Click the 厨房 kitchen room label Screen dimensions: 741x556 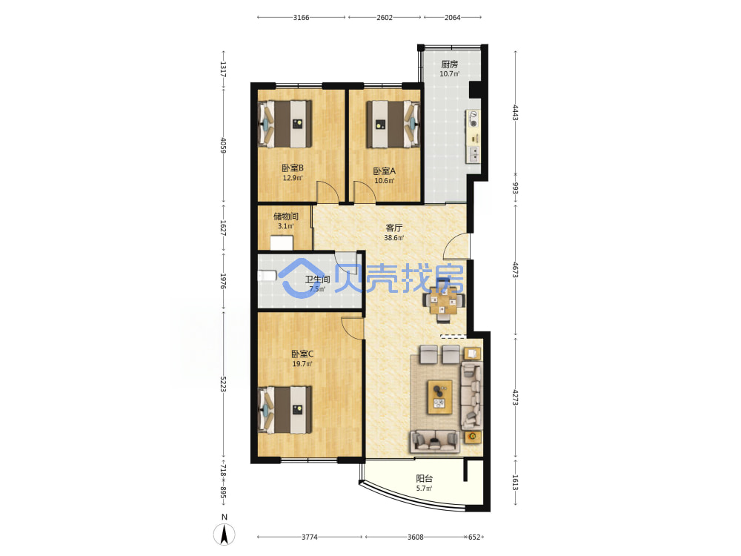pos(450,64)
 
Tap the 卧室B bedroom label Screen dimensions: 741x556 pos(293,168)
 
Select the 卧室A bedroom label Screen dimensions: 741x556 pos(384,171)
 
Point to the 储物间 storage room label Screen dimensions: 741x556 pos(286,216)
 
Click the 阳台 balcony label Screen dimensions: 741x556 pos(425,478)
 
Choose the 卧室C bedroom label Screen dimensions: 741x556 pos(302,354)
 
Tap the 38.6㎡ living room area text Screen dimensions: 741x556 pos(393,238)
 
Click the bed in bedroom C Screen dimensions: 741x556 pos(285,410)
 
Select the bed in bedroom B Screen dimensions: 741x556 pos(285,124)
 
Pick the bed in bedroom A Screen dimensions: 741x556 pos(393,124)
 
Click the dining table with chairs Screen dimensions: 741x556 pos(444,301)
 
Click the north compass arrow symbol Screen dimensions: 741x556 pos(225,535)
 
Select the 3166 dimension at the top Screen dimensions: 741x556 pos(301,18)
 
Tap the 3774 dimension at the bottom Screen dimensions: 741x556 pos(310,537)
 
